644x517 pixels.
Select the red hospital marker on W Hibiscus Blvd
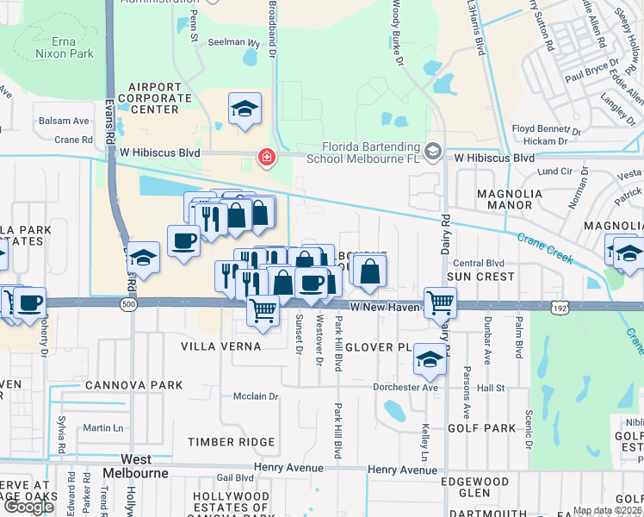tap(267, 157)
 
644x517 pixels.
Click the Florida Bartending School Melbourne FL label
tap(370, 152)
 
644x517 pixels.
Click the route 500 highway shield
tap(130, 305)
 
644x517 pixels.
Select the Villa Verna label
tap(220, 346)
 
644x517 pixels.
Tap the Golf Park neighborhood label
tap(482, 428)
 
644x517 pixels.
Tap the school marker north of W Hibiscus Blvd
tap(245, 109)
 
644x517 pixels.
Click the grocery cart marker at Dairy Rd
tap(440, 302)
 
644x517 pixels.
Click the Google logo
tap(28, 508)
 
